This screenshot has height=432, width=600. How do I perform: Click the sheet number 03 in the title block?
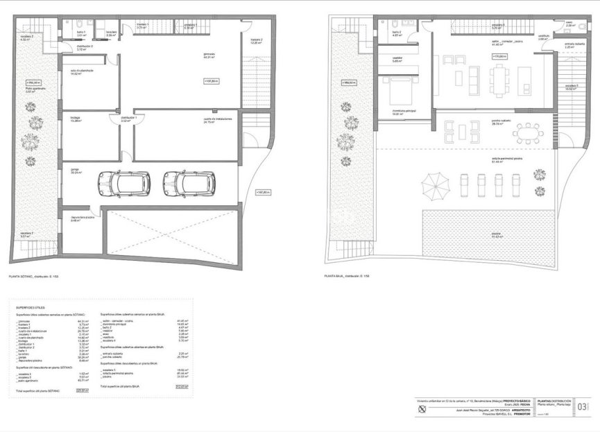pyautogui.click(x=583, y=407)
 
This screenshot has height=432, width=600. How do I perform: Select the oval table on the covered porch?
pyautogui.click(x=530, y=131)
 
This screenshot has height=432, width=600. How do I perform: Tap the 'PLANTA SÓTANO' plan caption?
pyautogui.click(x=33, y=276)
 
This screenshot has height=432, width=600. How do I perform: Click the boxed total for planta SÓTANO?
pyautogui.click(x=86, y=390)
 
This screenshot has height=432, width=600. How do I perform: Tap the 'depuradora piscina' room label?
pyautogui.click(x=81, y=218)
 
